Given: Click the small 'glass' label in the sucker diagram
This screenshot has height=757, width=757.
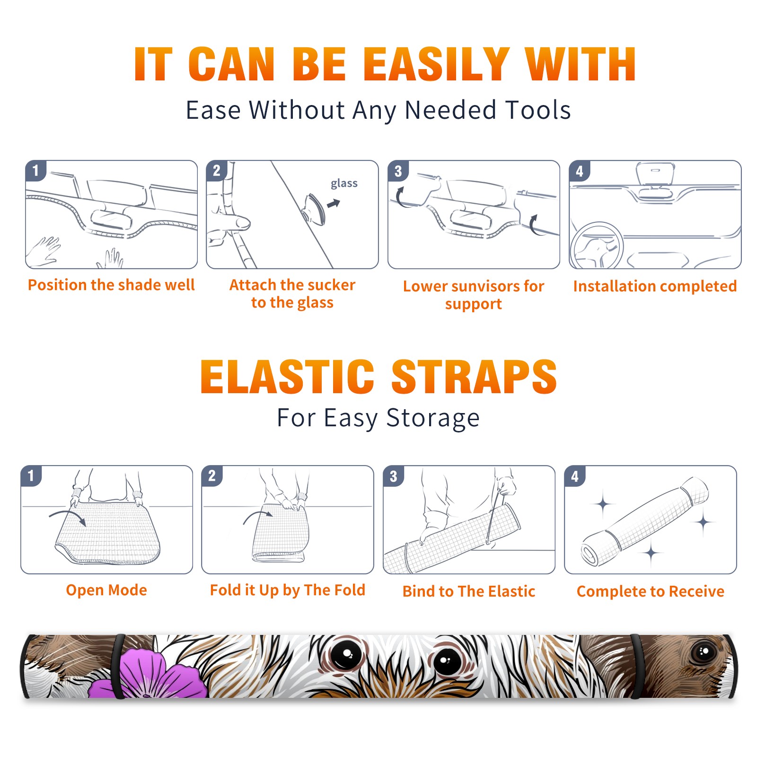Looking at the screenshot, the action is click(x=344, y=184).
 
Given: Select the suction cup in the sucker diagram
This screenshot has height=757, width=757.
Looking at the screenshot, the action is click(x=315, y=209).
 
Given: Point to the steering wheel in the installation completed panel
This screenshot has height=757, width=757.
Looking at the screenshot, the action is click(x=596, y=246).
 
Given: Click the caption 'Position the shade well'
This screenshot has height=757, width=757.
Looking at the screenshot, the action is click(x=111, y=285).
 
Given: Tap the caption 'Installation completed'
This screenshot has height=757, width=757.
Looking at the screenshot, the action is click(x=655, y=286).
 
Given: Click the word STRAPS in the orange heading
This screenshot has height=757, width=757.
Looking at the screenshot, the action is click(x=475, y=377).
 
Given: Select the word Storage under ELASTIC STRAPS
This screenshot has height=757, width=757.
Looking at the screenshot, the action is click(x=433, y=419).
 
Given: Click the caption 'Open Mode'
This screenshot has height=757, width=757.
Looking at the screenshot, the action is click(x=106, y=590).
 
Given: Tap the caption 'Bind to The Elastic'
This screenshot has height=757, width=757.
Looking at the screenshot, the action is click(x=469, y=591).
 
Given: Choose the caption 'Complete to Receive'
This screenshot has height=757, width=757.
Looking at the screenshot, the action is click(x=651, y=591).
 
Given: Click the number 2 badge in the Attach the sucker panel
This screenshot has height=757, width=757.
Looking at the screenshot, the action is click(x=217, y=170).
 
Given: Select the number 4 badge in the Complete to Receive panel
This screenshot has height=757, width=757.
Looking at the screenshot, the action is click(x=575, y=476).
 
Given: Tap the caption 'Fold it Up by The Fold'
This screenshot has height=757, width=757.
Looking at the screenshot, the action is click(x=288, y=590).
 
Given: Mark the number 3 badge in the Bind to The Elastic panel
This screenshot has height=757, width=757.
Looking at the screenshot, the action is click(x=393, y=476).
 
